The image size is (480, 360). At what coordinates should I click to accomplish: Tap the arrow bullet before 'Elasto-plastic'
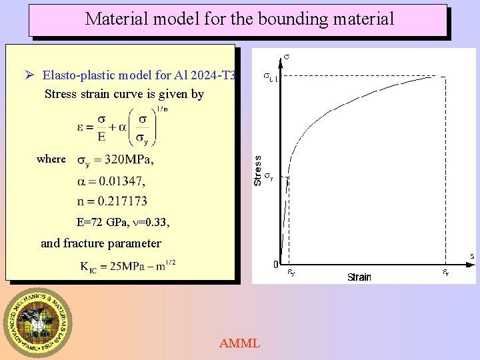tap(30, 74)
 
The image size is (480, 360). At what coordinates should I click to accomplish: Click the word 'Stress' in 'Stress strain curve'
tap(61, 94)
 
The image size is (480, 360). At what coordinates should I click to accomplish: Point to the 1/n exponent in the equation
tap(162, 109)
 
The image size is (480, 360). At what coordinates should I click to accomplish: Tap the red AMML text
tap(239, 343)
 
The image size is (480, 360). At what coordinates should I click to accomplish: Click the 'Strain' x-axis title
tap(359, 277)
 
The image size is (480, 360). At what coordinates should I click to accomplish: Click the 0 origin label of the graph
tap(275, 265)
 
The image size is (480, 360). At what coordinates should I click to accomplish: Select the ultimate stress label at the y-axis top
tap(269, 78)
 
